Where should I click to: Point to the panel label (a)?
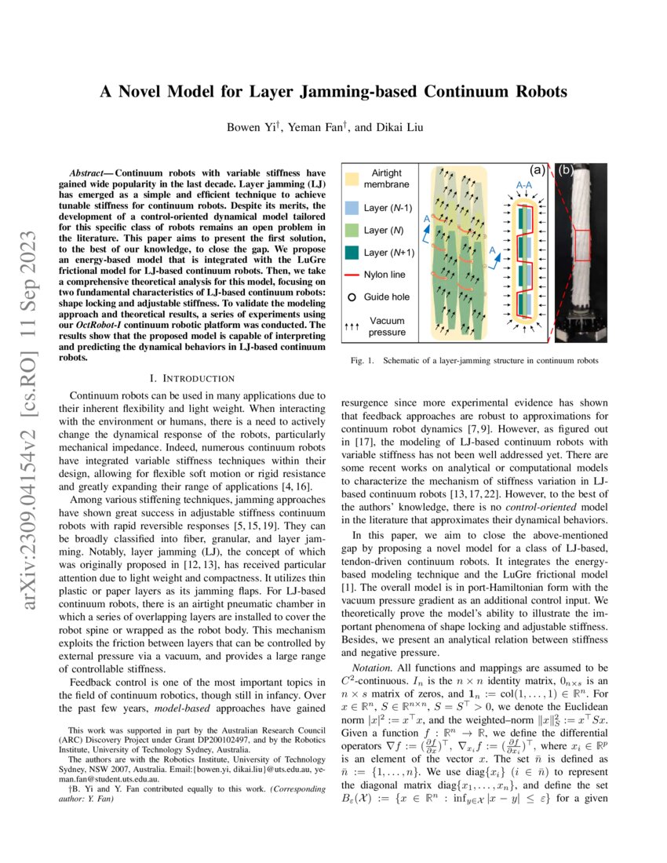(539, 169)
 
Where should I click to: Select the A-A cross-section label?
(525, 185)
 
